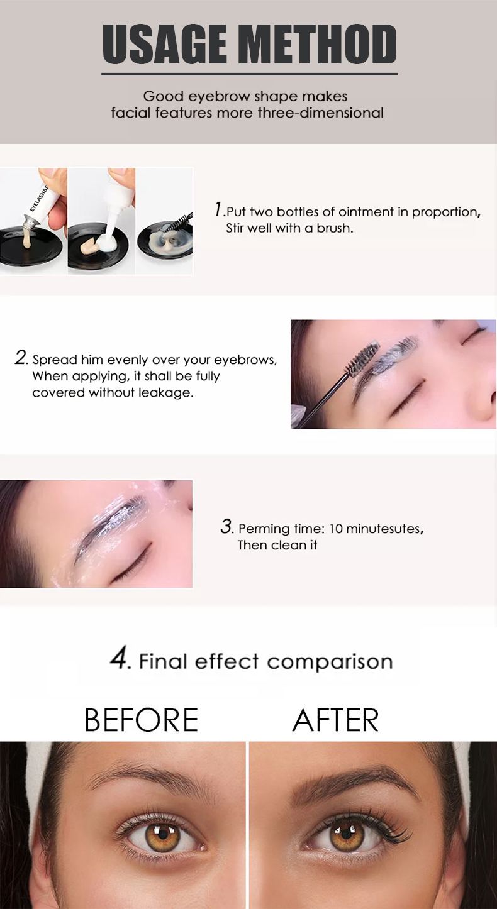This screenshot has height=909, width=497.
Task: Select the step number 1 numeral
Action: tap(218, 209)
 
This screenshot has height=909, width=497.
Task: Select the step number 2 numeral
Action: tap(21, 358)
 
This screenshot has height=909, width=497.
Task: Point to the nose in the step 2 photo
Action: tap(481, 402)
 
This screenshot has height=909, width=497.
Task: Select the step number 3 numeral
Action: tap(226, 527)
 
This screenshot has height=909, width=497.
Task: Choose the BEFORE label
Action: tap(141, 720)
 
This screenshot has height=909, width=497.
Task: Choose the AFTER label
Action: tap(335, 720)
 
